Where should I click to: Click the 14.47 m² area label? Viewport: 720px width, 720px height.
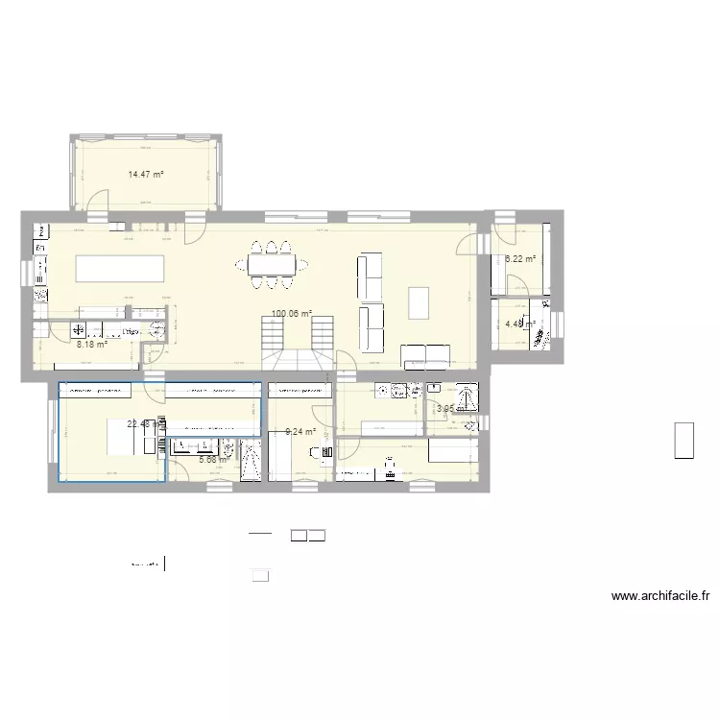(x=146, y=175)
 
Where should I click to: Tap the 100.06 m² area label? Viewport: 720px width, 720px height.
(x=292, y=313)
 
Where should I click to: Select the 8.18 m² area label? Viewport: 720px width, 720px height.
(x=91, y=344)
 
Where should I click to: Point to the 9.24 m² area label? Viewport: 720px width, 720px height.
(x=300, y=432)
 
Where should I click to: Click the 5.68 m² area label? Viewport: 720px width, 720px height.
(x=214, y=460)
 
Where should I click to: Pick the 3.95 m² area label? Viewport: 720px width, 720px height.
(x=450, y=409)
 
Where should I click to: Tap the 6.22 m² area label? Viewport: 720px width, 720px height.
(x=519, y=259)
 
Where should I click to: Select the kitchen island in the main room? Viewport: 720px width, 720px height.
(x=119, y=268)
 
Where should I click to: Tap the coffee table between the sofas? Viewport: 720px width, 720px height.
(x=420, y=302)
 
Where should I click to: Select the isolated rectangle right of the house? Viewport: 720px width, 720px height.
(x=684, y=441)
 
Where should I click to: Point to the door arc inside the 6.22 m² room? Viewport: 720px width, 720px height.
(x=516, y=284)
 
